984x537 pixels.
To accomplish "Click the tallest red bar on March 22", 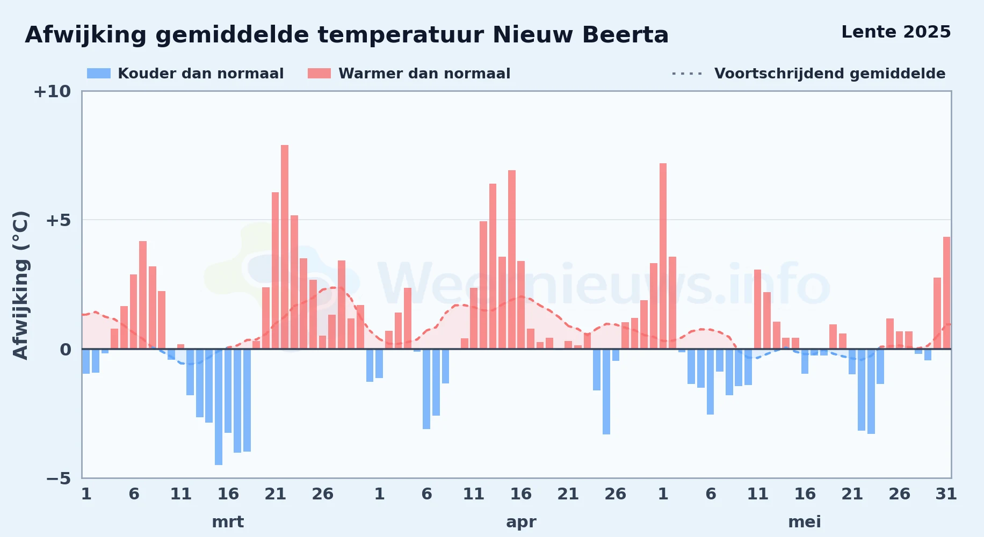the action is (x=285, y=247).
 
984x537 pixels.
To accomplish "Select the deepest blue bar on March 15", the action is (x=219, y=407).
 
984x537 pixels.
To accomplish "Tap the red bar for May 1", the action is (x=663, y=256).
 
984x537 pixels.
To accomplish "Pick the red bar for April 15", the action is (x=512, y=259).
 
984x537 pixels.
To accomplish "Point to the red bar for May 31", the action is (x=946, y=293).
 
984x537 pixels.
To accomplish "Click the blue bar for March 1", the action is (x=86, y=361).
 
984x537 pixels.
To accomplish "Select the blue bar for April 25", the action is (x=606, y=391).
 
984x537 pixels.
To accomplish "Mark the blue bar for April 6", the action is (x=426, y=389).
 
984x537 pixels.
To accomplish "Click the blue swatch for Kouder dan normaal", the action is (x=99, y=74).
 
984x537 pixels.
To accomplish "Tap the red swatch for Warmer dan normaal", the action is (x=319, y=74).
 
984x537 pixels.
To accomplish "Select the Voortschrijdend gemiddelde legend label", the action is (x=830, y=74).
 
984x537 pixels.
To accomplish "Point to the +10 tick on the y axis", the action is (x=52, y=92).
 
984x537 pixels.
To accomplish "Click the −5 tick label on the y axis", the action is (x=59, y=478).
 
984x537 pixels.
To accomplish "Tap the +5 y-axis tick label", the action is (x=59, y=220).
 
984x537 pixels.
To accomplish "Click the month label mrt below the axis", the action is (x=228, y=522).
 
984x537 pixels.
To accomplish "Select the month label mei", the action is (x=805, y=522).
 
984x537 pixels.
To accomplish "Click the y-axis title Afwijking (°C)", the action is (x=20, y=285).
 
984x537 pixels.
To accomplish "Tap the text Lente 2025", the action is (x=896, y=32).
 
